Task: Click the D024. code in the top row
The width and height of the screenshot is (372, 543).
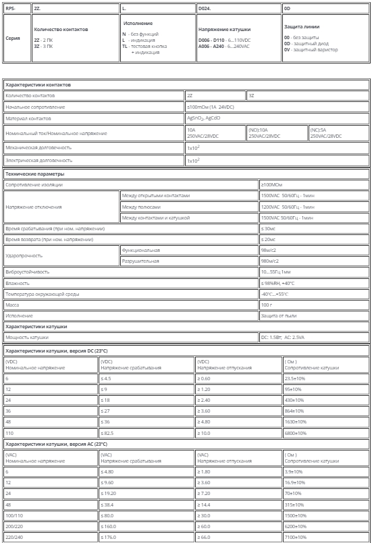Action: [205, 9]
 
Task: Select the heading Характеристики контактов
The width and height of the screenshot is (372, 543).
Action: [38, 85]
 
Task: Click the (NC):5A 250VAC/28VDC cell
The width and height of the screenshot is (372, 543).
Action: [326, 133]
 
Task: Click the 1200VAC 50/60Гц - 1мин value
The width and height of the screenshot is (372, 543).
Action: [288, 207]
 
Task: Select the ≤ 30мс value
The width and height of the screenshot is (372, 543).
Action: [269, 229]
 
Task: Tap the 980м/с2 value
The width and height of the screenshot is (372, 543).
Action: [271, 261]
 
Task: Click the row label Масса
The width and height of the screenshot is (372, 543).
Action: [14, 305]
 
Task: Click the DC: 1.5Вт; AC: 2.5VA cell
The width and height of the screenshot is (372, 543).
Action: [283, 337]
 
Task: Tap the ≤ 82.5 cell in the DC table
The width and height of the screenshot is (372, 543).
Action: [109, 432]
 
